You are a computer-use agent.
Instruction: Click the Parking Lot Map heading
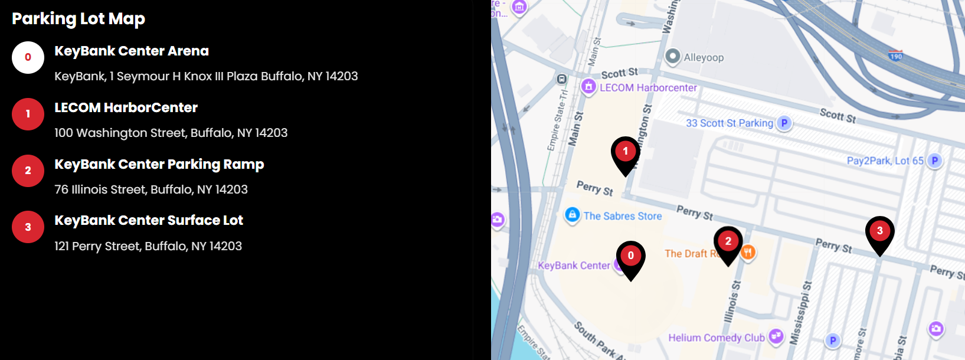[78, 19]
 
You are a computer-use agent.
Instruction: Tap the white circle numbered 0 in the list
[28, 57]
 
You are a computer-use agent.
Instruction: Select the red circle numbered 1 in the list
[28, 114]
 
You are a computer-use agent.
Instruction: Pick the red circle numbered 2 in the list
[28, 171]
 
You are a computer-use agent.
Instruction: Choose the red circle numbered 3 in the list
[28, 227]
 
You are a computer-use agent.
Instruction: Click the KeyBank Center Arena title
[132, 51]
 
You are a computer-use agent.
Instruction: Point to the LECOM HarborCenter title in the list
[126, 108]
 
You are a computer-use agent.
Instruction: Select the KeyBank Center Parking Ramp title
[159, 165]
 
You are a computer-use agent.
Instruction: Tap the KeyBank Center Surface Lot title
[149, 221]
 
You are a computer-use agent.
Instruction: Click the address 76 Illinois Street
[151, 189]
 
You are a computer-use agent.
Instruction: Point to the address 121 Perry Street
[148, 246]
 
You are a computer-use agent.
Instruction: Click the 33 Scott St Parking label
[730, 123]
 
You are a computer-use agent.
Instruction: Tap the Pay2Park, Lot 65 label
[885, 161]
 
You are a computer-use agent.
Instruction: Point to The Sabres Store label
[622, 216]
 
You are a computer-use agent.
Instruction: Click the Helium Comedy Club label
[716, 338]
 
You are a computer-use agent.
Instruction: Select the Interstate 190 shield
[896, 56]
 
